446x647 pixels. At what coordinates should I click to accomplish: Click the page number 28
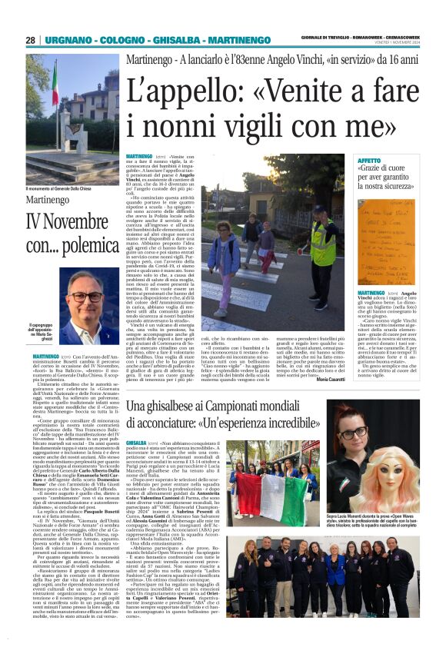(31, 40)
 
